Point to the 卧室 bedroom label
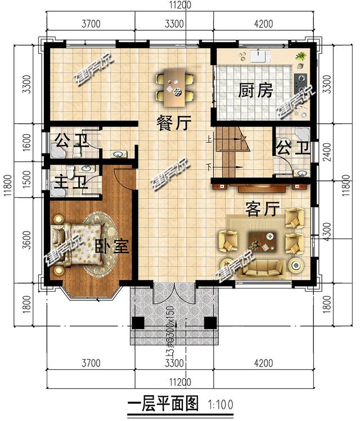[112, 246]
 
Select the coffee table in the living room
[260, 242]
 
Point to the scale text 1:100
[220, 404]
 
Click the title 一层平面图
[163, 404]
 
